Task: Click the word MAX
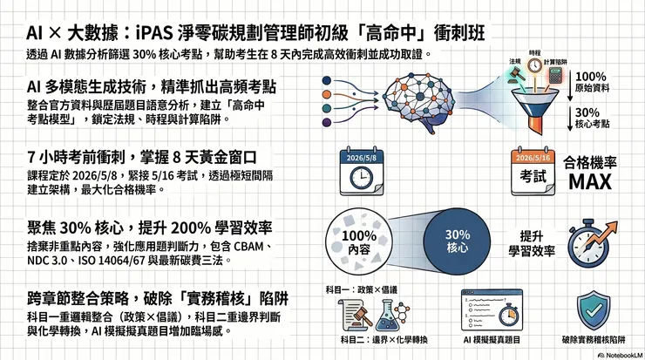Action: pos(594,182)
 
